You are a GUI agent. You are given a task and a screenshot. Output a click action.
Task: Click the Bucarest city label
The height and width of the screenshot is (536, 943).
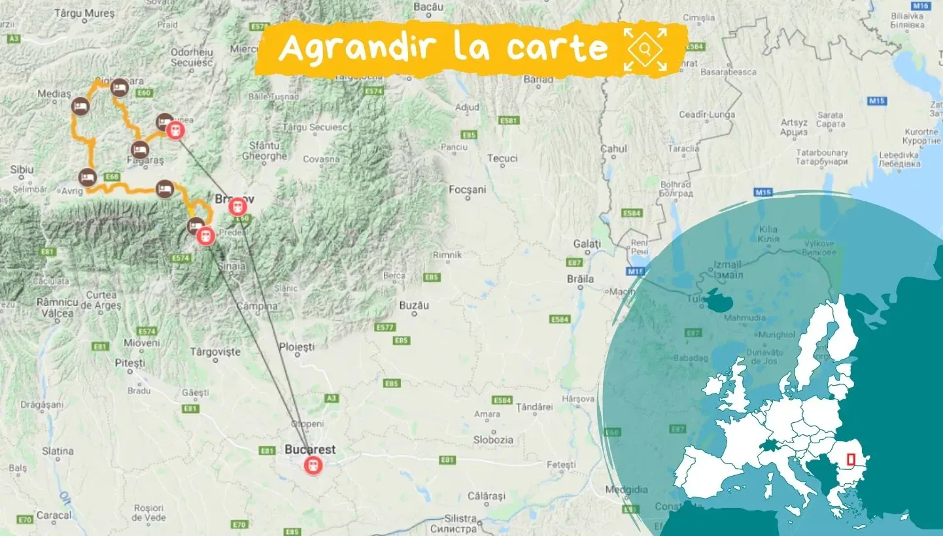pos(310,450)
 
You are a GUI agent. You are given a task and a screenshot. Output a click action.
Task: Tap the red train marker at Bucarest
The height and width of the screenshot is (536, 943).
pos(314,465)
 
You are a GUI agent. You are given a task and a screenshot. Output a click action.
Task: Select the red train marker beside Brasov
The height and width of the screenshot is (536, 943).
pos(238,207)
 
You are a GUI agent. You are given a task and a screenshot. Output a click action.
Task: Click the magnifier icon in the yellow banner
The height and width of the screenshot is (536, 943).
pos(645,49)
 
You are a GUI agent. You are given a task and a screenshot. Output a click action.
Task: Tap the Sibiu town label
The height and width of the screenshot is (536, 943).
pos(22,170)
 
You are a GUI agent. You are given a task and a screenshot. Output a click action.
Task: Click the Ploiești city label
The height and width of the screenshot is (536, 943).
pos(297,346)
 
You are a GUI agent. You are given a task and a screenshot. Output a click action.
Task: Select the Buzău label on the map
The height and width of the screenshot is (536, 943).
pos(414,305)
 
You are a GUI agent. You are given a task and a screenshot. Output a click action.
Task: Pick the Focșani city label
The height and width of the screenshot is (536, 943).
pos(468,190)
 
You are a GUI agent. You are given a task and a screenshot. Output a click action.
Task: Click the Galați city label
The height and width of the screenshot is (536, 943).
pos(587,244)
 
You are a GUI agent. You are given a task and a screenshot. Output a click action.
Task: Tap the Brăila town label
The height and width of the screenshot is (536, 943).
pos(581,279)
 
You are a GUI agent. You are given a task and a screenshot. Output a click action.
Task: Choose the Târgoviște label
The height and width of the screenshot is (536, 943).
pos(215,352)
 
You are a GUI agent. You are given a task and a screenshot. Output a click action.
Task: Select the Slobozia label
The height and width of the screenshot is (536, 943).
pos(494,440)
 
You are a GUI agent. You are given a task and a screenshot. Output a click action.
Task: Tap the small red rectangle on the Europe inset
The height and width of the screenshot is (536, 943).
pos(851,460)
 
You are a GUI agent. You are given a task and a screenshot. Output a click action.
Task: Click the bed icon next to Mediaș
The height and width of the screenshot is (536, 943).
pos(80,106)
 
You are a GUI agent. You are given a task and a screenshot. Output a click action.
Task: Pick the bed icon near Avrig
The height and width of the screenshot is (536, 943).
pos(87,177)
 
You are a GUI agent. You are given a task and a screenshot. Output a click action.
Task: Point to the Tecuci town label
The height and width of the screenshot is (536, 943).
pos(503,158)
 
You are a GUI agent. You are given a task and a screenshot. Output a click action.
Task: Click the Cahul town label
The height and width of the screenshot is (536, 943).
pos(613,149)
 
